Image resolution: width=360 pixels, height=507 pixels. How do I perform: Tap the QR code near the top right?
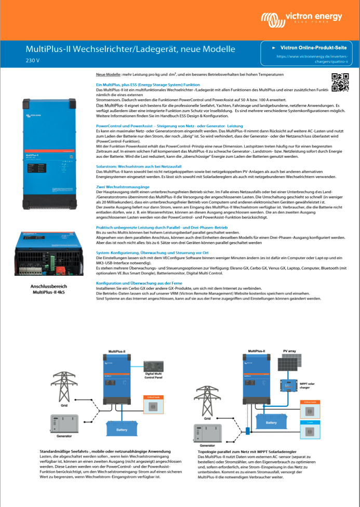pyautogui.click(x=340, y=83)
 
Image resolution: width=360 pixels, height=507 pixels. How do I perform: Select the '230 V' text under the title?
pyautogui.click(x=33, y=61)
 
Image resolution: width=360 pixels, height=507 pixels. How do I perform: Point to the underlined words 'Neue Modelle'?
pyautogui.click(x=108, y=76)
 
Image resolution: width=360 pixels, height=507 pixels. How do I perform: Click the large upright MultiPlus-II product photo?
pyautogui.click(x=50, y=151)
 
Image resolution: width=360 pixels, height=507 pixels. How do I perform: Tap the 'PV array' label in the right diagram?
pyautogui.click(x=288, y=352)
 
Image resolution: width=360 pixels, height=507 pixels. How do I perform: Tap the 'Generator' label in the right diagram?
pyautogui.click(x=207, y=445)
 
